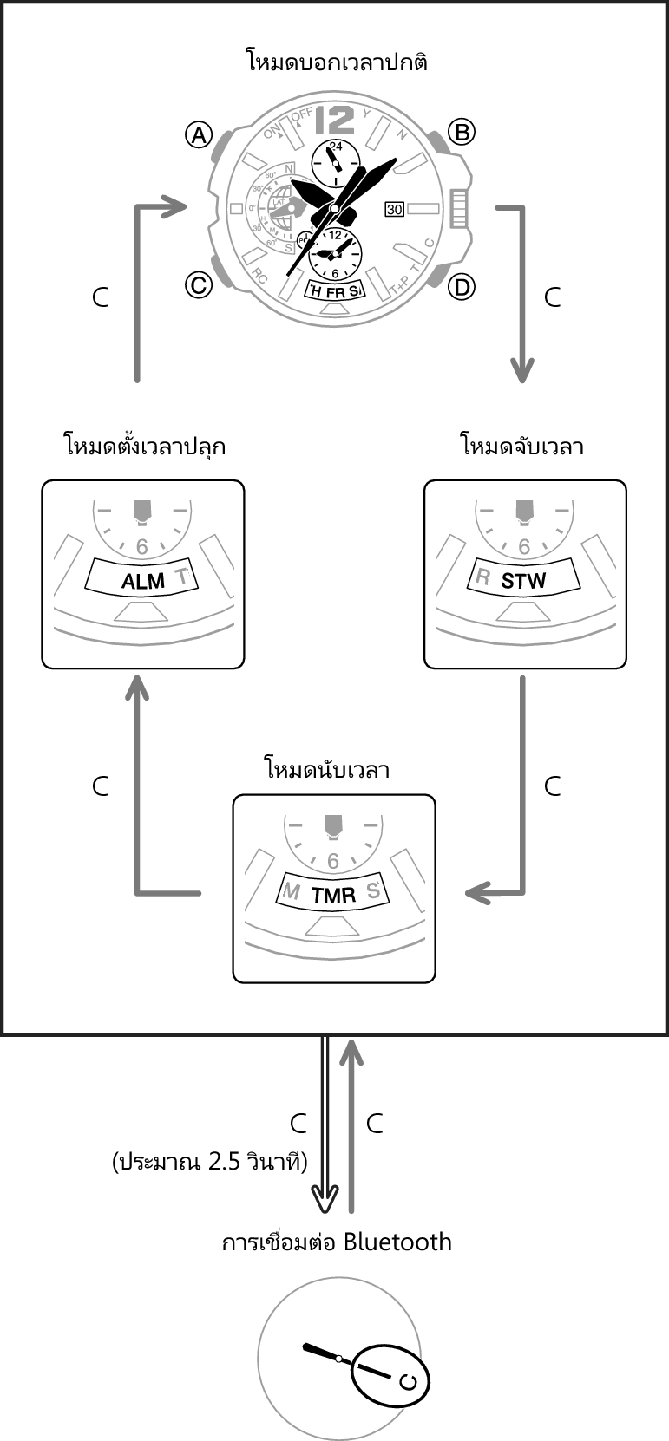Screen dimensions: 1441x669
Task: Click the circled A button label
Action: [199, 134]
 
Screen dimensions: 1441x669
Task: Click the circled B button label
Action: [461, 132]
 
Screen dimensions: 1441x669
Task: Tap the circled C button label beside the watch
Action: [199, 284]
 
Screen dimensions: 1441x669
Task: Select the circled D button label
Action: [462, 286]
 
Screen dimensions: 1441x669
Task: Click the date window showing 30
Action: [394, 209]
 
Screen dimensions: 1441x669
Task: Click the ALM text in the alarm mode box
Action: [142, 581]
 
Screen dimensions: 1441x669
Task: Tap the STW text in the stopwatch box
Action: [523, 581]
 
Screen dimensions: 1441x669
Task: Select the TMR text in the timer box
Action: [333, 896]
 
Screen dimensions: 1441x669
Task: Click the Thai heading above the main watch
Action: [337, 62]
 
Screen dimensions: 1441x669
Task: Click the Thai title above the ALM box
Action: [144, 447]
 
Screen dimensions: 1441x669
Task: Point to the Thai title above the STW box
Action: [521, 447]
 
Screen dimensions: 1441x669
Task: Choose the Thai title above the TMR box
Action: [325, 769]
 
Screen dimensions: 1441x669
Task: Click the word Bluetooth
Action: [397, 1242]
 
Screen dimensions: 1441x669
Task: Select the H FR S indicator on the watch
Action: [335, 292]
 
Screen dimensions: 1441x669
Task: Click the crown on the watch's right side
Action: [459, 209]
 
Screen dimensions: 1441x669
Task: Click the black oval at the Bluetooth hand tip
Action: [390, 1375]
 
